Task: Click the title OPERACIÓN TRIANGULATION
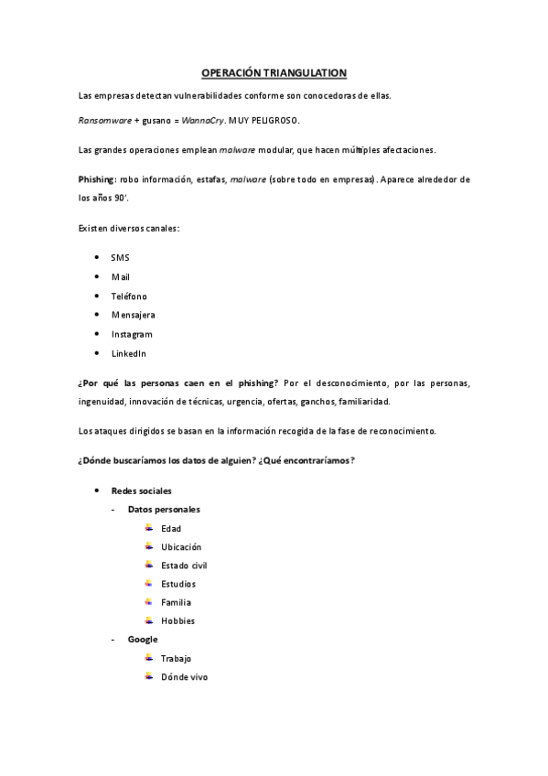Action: point(274,72)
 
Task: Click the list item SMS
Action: point(120,258)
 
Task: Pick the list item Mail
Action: point(121,276)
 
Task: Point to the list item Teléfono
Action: point(129,296)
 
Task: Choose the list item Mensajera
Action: point(133,315)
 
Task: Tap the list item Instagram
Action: point(132,334)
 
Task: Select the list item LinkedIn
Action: point(129,353)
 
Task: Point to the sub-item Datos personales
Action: point(164,509)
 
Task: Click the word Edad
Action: point(171,528)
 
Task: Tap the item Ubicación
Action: point(181,546)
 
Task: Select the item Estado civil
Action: point(184,566)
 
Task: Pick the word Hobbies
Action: point(177,620)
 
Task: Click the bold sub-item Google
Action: point(143,639)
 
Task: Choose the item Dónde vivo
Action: point(184,676)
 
